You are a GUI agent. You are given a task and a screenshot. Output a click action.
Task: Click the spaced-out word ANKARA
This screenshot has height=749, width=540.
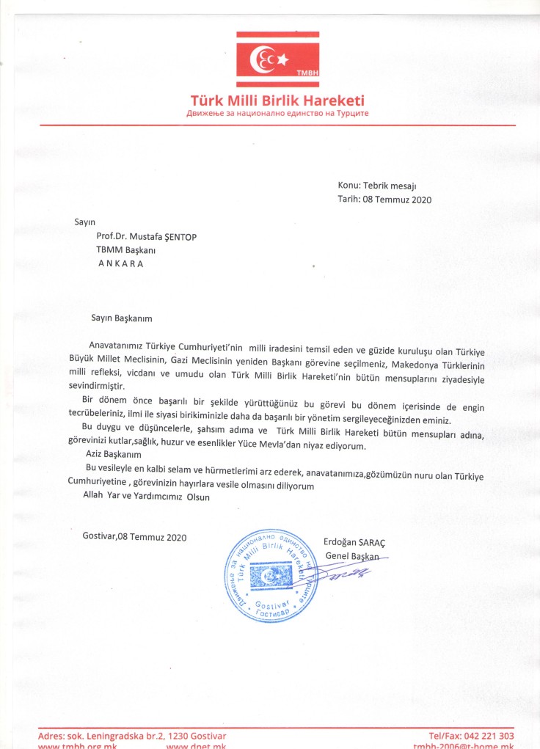(122, 264)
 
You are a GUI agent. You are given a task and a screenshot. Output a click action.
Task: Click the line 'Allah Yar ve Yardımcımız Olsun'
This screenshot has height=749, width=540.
(147, 497)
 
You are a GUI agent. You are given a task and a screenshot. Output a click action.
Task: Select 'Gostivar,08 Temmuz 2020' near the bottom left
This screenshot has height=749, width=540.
(135, 537)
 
